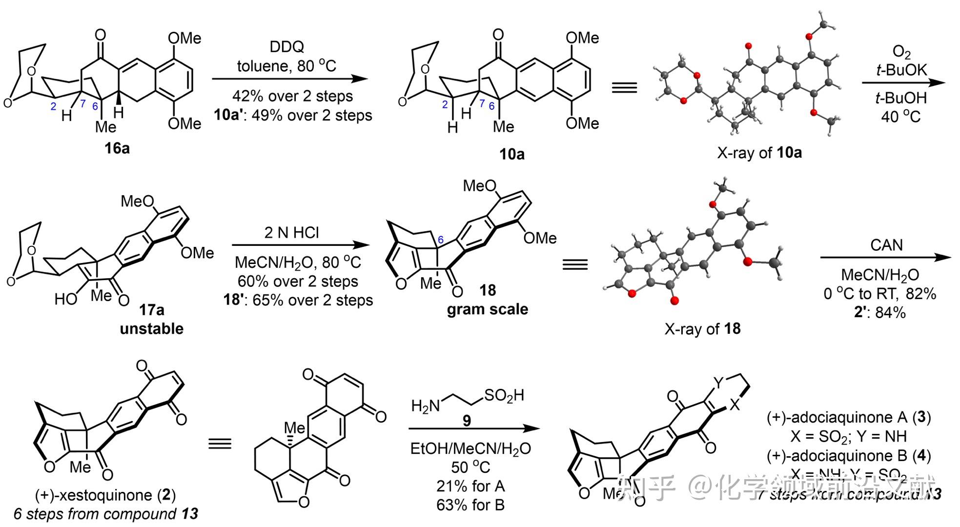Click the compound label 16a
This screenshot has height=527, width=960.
click(117, 148)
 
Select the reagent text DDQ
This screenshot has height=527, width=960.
click(286, 47)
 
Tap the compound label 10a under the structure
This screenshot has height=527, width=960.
click(511, 154)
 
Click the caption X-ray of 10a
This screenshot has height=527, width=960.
click(759, 153)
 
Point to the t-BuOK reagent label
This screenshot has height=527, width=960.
click(901, 70)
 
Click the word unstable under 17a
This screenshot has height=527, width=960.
click(151, 328)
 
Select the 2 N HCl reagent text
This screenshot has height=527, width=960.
click(291, 232)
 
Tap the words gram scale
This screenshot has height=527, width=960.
click(487, 309)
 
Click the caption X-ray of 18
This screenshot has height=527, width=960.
click(702, 328)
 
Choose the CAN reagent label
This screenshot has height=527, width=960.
click(886, 245)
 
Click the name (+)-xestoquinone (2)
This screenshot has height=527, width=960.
click(105, 495)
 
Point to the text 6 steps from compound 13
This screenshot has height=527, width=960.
click(106, 514)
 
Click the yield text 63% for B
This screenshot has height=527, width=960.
click(470, 505)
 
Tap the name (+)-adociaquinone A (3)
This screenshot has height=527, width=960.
click(849, 417)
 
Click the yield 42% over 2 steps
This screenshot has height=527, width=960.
click(292, 96)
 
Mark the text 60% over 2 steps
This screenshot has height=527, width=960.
click(298, 281)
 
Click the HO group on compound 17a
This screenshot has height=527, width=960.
click(66, 299)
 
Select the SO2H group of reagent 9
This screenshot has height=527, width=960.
click(504, 395)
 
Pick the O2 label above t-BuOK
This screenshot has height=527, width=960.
click(901, 51)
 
